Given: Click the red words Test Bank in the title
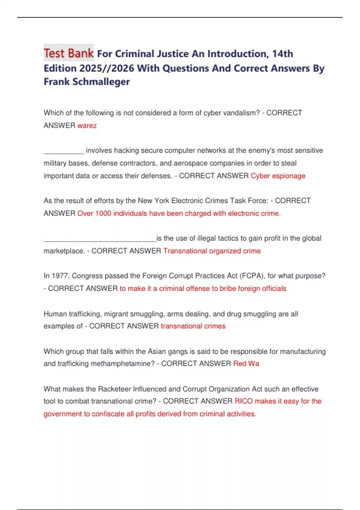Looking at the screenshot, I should click(x=68, y=53).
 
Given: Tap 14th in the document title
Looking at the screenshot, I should click(x=282, y=54).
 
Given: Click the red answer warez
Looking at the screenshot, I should click(x=87, y=125).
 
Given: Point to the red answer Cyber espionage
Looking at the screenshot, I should click(x=278, y=176).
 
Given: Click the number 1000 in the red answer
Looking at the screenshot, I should click(x=103, y=213).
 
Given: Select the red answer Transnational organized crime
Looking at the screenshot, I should click(x=212, y=251).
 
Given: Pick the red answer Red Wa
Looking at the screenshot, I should click(x=246, y=364).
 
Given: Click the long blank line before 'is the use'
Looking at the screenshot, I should click(x=100, y=240).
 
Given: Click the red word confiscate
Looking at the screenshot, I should click(x=108, y=414).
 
